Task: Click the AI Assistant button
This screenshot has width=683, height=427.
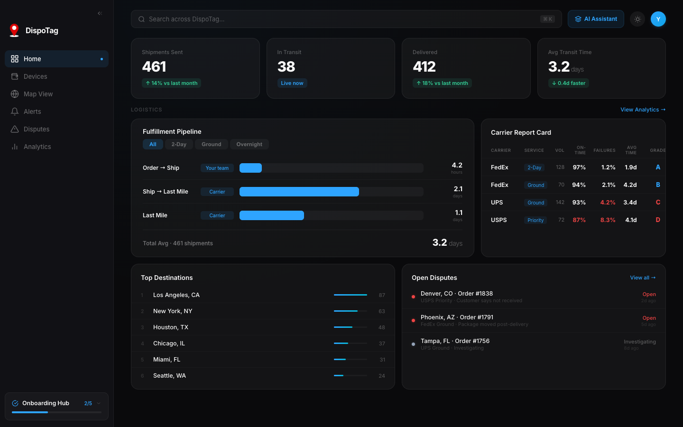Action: (596, 19)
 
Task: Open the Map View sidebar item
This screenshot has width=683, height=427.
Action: (38, 94)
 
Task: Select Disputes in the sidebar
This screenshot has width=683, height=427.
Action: (37, 129)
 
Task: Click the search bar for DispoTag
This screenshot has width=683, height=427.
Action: (341, 19)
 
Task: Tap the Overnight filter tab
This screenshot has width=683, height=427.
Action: (249, 144)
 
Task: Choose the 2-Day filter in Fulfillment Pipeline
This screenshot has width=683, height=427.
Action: (179, 144)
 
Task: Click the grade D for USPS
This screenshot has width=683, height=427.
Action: (657, 220)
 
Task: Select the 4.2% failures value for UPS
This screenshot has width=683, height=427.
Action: (608, 203)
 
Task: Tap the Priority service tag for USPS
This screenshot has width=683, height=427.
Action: (535, 220)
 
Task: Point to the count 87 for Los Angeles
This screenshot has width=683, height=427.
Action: (382, 295)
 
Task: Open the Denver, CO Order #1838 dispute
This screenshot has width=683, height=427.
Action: (456, 294)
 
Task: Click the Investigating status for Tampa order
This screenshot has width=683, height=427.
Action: (639, 342)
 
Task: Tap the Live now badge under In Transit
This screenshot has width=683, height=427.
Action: (292, 83)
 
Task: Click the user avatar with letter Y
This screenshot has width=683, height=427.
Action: (658, 19)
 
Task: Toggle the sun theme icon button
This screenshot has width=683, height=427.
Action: (637, 19)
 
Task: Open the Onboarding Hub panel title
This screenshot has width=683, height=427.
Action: (46, 403)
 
